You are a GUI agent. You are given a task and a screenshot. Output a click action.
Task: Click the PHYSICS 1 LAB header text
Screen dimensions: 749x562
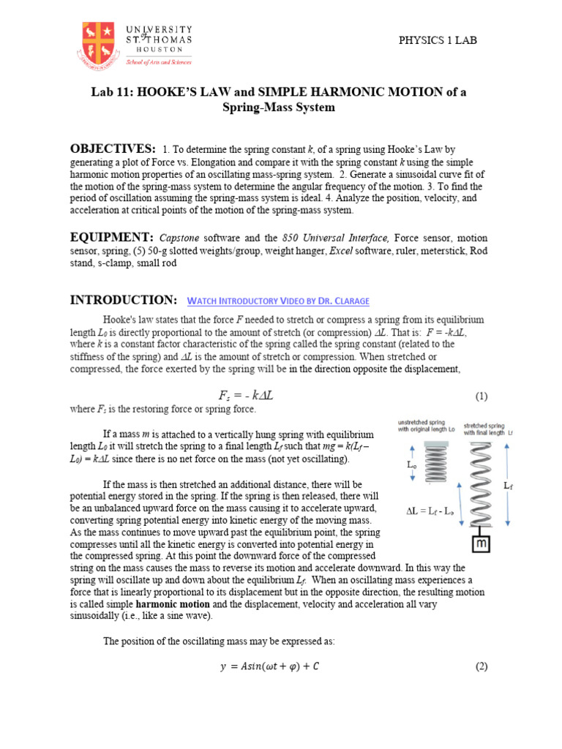(x=437, y=40)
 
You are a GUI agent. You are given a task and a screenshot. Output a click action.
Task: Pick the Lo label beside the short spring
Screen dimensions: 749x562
(x=413, y=465)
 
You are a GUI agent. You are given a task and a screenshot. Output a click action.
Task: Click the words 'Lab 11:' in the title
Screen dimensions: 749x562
(x=113, y=91)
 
